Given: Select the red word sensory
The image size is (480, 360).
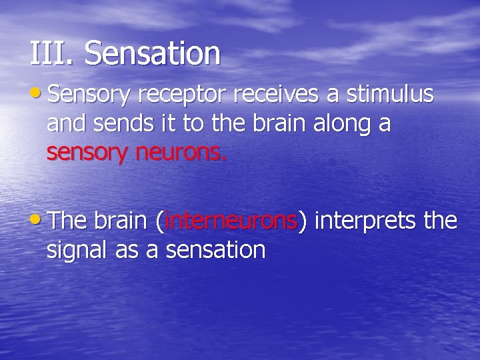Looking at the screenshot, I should click(86, 154).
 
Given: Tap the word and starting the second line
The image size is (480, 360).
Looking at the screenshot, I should click(65, 125).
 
